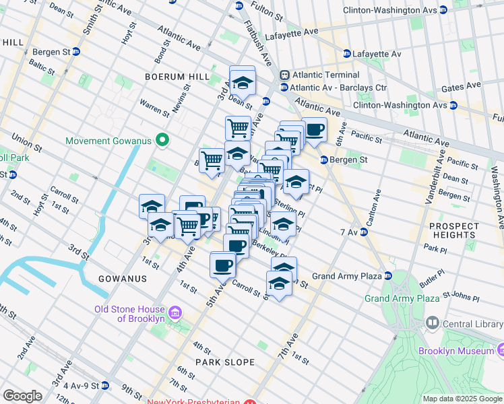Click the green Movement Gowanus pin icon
tap(162, 141)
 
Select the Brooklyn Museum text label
tap(455, 351)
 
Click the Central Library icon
tap(432, 324)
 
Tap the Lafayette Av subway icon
tap(346, 53)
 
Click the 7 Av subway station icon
tap(363, 232)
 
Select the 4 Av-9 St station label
tap(78, 386)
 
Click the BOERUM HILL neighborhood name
tap(177, 77)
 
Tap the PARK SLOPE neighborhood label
tap(225, 362)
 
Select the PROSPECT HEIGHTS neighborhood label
tap(452, 230)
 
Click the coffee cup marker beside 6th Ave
tap(313, 129)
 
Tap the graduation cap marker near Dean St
tap(242, 81)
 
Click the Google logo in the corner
tap(22, 397)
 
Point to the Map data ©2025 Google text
tap(462, 399)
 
